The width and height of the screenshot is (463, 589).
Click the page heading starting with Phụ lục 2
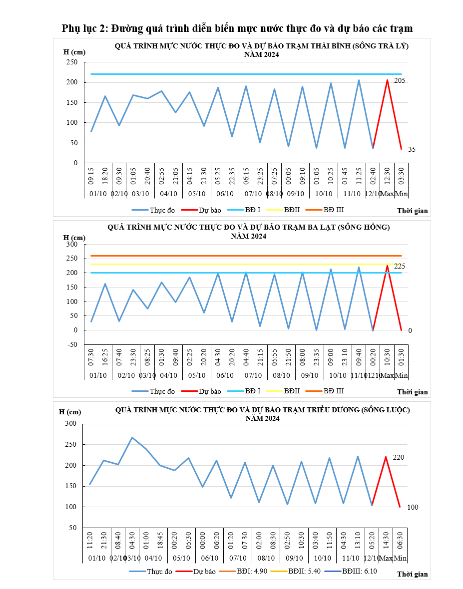[x=237, y=28]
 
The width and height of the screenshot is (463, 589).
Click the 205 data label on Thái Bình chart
[x=399, y=81]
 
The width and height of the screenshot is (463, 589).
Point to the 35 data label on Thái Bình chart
[x=412, y=149]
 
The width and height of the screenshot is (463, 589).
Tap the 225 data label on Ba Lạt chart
[x=400, y=267]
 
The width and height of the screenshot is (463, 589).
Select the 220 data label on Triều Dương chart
[x=398, y=457]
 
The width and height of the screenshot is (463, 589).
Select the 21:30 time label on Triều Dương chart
[x=104, y=540]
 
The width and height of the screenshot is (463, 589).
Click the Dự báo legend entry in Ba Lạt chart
[x=210, y=391]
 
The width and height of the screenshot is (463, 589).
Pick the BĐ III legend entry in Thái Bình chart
[x=334, y=210]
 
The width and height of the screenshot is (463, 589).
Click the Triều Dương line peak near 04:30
[x=132, y=437]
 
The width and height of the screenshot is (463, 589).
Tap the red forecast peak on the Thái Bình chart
[x=387, y=80]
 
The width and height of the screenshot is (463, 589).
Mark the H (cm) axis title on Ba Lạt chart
[x=74, y=237]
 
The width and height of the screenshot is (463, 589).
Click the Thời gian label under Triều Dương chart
[x=413, y=574]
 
